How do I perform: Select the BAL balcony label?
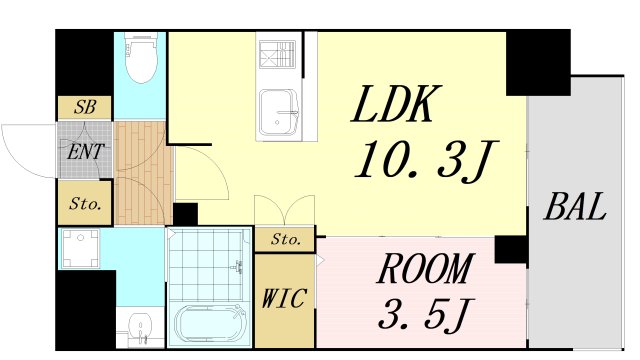click(x=575, y=207)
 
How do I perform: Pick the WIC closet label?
click(x=284, y=298)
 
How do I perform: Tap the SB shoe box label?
click(x=85, y=107)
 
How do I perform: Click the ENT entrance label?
click(x=85, y=152)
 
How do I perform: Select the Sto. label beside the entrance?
click(x=85, y=203)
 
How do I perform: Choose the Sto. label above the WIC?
click(x=286, y=239)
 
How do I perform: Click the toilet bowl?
click(x=141, y=58)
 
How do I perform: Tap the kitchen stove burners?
click(x=277, y=54)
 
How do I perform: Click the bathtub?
click(x=210, y=322)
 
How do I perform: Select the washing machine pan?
click(x=80, y=248)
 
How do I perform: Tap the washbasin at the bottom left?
click(x=140, y=327)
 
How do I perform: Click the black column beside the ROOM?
click(x=511, y=249)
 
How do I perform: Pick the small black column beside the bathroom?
click(x=185, y=214)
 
